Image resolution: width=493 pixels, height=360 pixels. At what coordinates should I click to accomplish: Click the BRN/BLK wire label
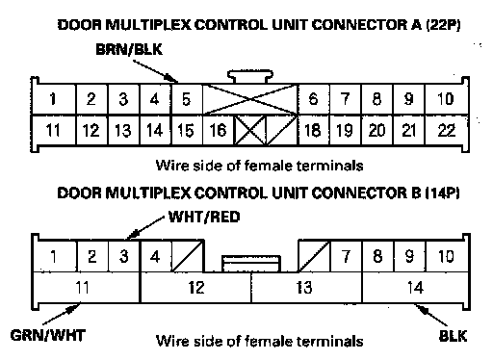click(129, 50)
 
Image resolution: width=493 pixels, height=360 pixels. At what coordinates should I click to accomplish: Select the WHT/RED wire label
click(204, 218)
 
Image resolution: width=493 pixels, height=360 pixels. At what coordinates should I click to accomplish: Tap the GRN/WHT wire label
click(48, 336)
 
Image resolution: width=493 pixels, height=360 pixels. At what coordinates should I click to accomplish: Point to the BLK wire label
click(453, 336)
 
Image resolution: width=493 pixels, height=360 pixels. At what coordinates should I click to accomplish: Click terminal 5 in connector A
click(187, 99)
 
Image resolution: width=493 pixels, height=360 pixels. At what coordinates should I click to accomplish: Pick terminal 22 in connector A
click(447, 130)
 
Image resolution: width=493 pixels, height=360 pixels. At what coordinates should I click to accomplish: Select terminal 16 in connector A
click(219, 130)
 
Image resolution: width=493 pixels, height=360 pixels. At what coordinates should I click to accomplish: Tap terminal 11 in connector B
click(86, 287)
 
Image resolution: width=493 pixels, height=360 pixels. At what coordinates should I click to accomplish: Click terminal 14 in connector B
click(415, 287)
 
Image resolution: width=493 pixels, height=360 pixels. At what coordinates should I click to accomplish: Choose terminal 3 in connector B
click(124, 256)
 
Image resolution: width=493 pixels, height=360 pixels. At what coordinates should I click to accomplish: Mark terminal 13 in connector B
click(306, 287)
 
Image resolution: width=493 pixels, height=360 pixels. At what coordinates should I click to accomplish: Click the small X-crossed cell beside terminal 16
click(250, 130)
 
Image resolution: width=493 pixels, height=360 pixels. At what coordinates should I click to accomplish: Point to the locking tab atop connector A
click(250, 77)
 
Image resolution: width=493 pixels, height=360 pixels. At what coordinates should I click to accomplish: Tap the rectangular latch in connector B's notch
click(251, 264)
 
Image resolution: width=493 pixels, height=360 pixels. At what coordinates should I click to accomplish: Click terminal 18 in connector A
click(313, 130)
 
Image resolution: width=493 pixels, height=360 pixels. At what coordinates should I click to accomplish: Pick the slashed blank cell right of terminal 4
click(188, 256)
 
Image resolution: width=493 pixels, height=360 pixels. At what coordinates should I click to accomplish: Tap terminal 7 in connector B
click(346, 256)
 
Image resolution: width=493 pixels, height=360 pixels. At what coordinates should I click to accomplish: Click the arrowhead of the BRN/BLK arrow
click(171, 78)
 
